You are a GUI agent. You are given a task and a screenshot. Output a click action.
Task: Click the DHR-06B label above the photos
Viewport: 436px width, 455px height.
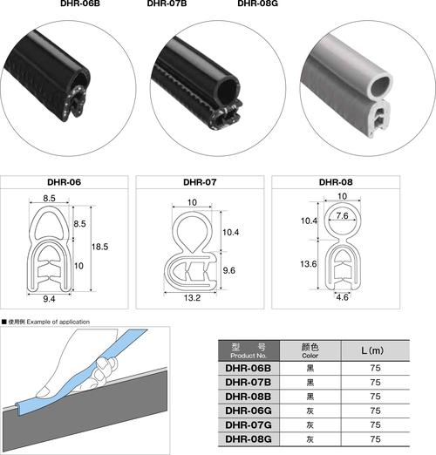click(x=80, y=3)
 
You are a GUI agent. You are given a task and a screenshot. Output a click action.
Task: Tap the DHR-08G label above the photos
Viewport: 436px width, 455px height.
click(x=257, y=3)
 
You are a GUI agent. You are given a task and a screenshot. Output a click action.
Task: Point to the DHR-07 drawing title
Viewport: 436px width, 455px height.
click(x=200, y=182)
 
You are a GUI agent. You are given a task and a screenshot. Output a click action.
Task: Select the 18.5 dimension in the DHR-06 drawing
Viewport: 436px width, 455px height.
click(x=99, y=247)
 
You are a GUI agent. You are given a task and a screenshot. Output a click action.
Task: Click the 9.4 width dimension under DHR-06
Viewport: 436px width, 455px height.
click(x=49, y=299)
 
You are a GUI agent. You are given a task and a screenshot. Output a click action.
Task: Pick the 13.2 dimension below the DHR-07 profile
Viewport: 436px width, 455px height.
click(x=192, y=297)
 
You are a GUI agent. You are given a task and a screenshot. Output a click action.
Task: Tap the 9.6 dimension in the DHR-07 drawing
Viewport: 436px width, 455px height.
click(x=229, y=270)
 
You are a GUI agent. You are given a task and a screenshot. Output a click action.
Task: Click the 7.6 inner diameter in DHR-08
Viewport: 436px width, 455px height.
click(x=342, y=215)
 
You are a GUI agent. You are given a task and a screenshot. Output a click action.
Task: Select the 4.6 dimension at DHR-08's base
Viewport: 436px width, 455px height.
click(x=342, y=297)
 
